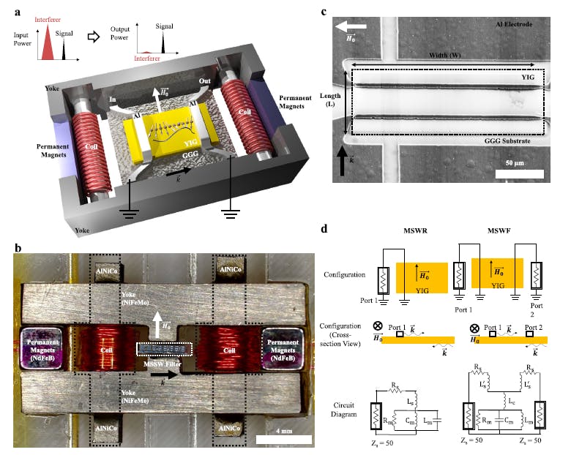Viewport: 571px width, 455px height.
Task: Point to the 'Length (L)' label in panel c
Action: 327,103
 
